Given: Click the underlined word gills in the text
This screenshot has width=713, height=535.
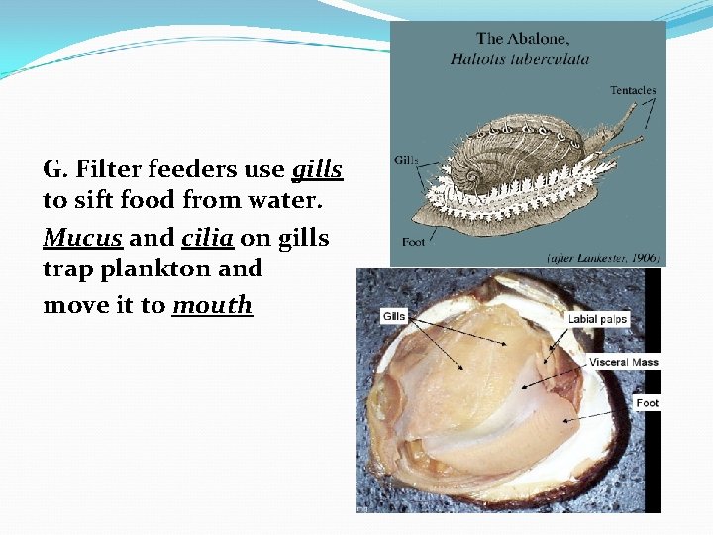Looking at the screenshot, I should (317, 170).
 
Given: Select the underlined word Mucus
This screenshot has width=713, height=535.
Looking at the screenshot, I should (82, 239).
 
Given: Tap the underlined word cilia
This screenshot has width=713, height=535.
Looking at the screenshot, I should (206, 239).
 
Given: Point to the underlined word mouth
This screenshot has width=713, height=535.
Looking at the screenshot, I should (212, 305).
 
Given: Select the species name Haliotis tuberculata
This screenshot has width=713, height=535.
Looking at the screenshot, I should (520, 58).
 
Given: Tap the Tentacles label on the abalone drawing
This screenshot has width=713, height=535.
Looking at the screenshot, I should (632, 91).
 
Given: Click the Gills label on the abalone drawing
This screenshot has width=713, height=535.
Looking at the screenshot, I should (406, 160).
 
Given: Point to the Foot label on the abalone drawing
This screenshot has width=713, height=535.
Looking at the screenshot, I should (414, 242).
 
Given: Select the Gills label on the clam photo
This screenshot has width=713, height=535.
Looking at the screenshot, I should (394, 316).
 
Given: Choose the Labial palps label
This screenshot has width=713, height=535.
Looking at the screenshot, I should (598, 319).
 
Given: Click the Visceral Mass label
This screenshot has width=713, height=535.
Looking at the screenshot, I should (623, 362).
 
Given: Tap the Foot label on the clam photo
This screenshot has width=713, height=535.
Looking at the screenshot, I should (647, 403).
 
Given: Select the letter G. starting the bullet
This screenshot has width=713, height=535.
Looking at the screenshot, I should (54, 169).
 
